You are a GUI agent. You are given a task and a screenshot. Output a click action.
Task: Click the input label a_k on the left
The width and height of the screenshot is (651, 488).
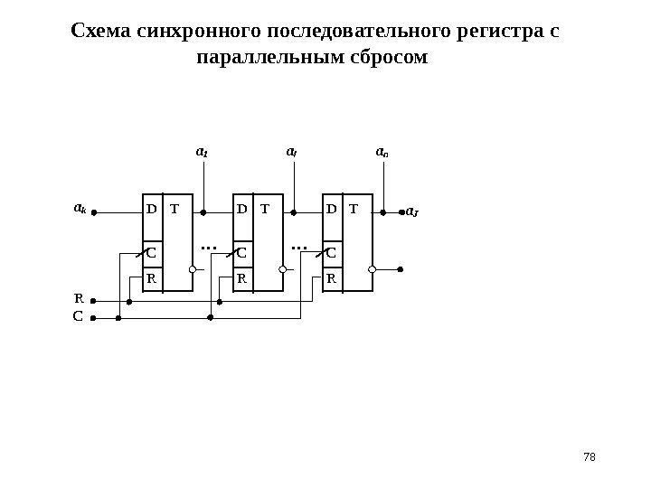(x=80, y=209)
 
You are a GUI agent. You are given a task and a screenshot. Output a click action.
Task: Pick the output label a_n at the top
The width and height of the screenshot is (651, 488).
(x=382, y=153)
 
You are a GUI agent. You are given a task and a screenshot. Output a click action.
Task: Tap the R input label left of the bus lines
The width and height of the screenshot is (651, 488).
(x=79, y=296)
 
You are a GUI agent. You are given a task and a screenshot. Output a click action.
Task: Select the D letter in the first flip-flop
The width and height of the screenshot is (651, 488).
(x=151, y=210)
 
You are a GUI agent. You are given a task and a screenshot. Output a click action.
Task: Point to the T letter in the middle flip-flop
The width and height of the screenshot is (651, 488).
(x=265, y=210)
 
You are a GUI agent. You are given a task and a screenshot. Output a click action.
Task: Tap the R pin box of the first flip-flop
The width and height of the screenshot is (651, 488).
(x=152, y=278)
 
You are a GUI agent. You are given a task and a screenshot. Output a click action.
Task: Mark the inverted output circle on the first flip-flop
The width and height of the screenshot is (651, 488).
(x=193, y=269)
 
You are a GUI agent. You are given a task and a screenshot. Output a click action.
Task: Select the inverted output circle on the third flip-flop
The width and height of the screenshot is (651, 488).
(x=373, y=269)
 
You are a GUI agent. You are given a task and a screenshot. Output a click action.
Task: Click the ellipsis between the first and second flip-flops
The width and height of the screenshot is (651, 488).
(x=209, y=246)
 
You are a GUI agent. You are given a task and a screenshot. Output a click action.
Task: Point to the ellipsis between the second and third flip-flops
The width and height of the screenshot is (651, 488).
(x=299, y=246)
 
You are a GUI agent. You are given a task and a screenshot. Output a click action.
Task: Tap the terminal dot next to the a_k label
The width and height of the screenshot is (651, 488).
(x=94, y=214)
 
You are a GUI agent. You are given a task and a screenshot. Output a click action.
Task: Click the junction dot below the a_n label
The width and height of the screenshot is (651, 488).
(x=383, y=214)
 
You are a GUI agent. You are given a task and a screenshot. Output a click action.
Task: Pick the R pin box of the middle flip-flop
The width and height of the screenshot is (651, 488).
(x=242, y=278)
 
